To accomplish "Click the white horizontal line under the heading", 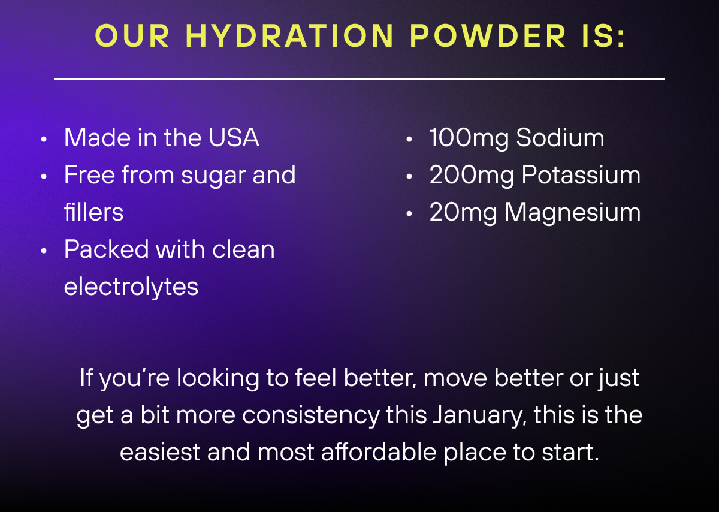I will click(359, 79).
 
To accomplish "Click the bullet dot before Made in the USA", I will click(44, 140).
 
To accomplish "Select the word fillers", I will click(93, 212).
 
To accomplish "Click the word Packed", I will click(106, 249).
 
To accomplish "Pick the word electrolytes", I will click(131, 287).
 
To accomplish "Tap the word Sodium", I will click(560, 138).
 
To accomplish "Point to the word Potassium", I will click(581, 175).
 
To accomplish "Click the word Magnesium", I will click(572, 213).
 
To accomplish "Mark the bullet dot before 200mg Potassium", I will click(409, 177).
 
